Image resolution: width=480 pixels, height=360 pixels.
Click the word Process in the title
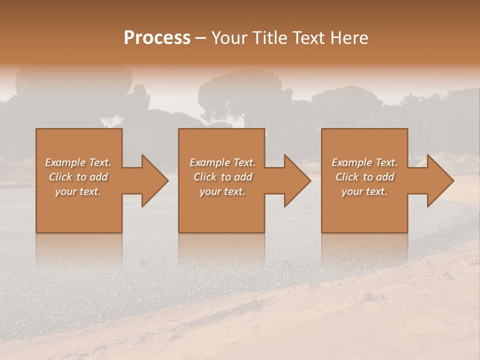[x=157, y=37]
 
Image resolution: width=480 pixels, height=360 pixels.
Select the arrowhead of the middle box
[x=295, y=180]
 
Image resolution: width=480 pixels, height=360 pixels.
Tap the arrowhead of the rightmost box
[x=438, y=180]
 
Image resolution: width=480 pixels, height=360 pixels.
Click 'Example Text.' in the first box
[x=78, y=162]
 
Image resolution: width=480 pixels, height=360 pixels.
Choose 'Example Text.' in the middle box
[x=222, y=162]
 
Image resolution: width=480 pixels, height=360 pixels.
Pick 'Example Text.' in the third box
[x=364, y=162]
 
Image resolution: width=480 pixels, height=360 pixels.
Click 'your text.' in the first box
[x=78, y=191]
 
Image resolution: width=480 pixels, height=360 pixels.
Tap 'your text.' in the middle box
[x=222, y=191]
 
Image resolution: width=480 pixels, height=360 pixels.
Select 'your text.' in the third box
[x=364, y=191]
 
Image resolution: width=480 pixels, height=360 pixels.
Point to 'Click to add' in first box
[x=78, y=177]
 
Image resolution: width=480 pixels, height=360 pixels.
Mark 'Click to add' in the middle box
[x=222, y=177]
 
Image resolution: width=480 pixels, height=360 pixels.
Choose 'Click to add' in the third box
[x=364, y=177]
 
